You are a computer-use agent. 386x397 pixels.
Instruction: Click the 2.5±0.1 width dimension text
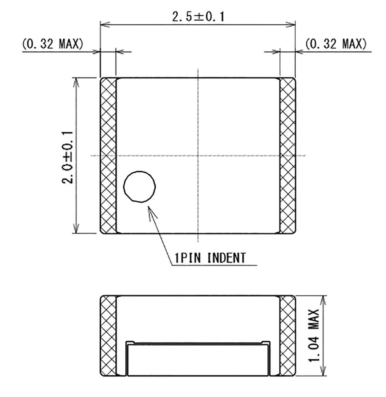pos(197,17)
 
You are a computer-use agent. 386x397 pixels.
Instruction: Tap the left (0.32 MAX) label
pos(52,44)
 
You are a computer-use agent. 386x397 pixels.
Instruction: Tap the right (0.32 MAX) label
pos(336,44)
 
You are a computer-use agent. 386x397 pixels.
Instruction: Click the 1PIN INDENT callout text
pos(210,258)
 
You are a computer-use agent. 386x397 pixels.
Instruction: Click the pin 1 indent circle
pos(139,186)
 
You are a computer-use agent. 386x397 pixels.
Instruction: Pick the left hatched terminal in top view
pos(109,155)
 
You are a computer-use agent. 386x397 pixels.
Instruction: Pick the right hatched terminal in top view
pos(287,155)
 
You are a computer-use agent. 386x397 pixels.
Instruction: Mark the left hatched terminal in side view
pos(108,336)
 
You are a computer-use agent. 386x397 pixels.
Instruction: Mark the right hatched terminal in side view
pos(287,336)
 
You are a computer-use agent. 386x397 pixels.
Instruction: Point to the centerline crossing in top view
pos(198,156)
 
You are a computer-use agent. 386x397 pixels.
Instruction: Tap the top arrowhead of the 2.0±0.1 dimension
pos(76,82)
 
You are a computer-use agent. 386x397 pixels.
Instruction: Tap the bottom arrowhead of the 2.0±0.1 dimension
pos(76,229)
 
